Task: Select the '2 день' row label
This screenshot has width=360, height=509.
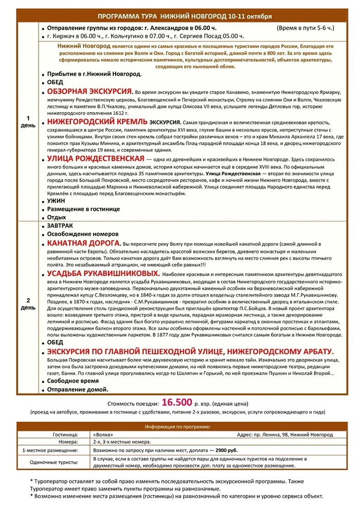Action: [x=28, y=304]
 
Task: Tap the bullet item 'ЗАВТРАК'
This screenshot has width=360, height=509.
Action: [x=60, y=226]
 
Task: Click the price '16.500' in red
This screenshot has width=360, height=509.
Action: [x=177, y=402]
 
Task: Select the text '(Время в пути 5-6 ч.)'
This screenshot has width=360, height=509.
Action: [x=305, y=28]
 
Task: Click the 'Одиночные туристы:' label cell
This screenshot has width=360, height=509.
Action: [x=57, y=462]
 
